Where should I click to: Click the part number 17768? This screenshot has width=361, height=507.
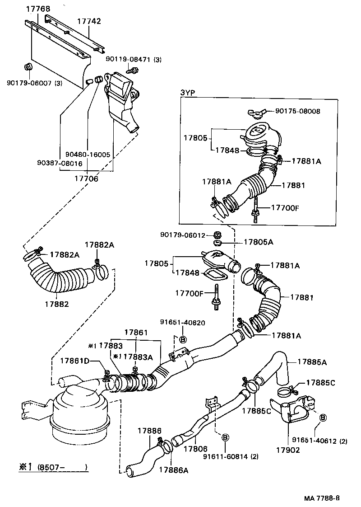tap(38, 9)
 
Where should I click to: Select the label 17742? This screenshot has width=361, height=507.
tap(89, 21)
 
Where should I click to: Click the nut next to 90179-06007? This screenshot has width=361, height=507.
tap(28, 67)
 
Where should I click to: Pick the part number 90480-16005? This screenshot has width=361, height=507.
tap(88, 154)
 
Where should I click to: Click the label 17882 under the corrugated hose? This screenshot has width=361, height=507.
tap(57, 304)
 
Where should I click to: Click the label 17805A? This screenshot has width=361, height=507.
tap(259, 242)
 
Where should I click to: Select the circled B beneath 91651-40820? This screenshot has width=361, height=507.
tap(183, 339)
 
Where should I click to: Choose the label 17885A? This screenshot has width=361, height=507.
tap(312, 361)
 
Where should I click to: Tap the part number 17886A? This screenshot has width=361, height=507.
tap(173, 469)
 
